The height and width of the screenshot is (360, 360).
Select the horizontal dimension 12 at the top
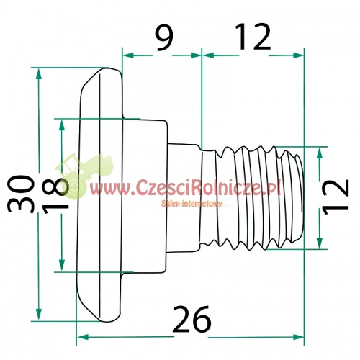(253, 37)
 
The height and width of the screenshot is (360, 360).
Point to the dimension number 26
(192, 319)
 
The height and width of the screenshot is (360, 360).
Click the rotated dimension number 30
(20, 194)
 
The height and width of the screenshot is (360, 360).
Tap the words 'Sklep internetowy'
(192, 204)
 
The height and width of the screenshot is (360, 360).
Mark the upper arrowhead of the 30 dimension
(38, 73)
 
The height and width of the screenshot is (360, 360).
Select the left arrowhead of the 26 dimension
(82, 337)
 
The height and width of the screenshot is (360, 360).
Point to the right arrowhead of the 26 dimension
(299, 337)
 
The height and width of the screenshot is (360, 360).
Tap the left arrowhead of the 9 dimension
(128, 55)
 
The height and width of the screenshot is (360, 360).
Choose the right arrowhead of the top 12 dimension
(298, 55)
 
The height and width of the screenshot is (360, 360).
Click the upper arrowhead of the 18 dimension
(62, 125)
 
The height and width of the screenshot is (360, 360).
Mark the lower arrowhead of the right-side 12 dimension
(320, 243)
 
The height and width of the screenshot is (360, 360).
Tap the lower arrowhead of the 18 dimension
(62, 266)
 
